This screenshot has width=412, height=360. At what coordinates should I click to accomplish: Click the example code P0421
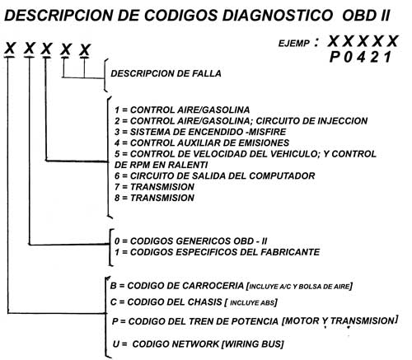pyautogui.click(x=361, y=58)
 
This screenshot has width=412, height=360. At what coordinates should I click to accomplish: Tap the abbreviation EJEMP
pyautogui.click(x=294, y=44)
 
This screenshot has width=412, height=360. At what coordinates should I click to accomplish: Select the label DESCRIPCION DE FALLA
pyautogui.click(x=166, y=73)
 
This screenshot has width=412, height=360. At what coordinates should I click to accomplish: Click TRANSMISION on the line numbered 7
pyautogui.click(x=162, y=187)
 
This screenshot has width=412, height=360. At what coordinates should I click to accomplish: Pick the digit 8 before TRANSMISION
pyautogui.click(x=117, y=198)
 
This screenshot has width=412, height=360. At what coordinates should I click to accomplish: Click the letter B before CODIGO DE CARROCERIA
pyautogui.click(x=113, y=286)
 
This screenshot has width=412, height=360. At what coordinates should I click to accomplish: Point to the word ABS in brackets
pyautogui.click(x=267, y=303)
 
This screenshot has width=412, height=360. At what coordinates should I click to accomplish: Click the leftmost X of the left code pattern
pyautogui.click(x=10, y=49)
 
